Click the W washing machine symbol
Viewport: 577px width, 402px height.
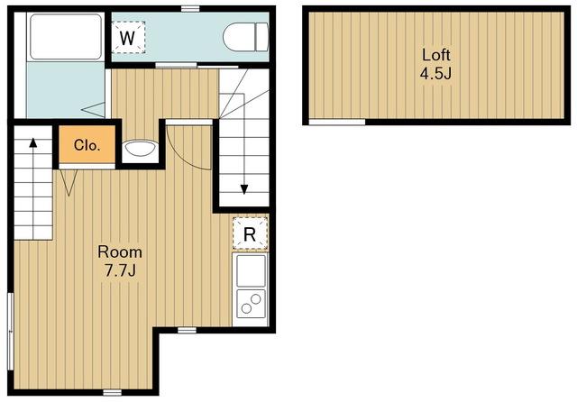coord(128,37)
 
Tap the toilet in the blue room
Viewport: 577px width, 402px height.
coord(246,37)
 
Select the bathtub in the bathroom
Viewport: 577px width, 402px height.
coord(66,36)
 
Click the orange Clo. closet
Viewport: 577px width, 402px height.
coord(87,144)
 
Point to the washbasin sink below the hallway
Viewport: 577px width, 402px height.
coord(140,149)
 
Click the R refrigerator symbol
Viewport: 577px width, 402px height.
coord(250,234)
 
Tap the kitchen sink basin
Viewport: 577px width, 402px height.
coord(251,270)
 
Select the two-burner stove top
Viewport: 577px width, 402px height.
coord(251,304)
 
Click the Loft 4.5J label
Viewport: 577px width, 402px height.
coord(435,64)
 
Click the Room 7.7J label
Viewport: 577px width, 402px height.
coord(120,261)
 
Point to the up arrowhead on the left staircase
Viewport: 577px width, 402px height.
coord(33,142)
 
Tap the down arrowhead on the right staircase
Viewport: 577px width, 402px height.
coord(244,189)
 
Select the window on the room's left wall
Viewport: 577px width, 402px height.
coord(10,331)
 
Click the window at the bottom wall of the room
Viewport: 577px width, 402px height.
coord(112,392)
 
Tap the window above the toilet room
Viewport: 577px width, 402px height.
coord(190,9)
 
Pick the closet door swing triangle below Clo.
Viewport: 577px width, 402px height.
coord(69,183)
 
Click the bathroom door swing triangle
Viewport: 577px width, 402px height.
coord(94,110)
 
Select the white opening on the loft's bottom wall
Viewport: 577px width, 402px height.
coord(336,122)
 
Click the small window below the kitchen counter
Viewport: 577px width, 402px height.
coord(187,330)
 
